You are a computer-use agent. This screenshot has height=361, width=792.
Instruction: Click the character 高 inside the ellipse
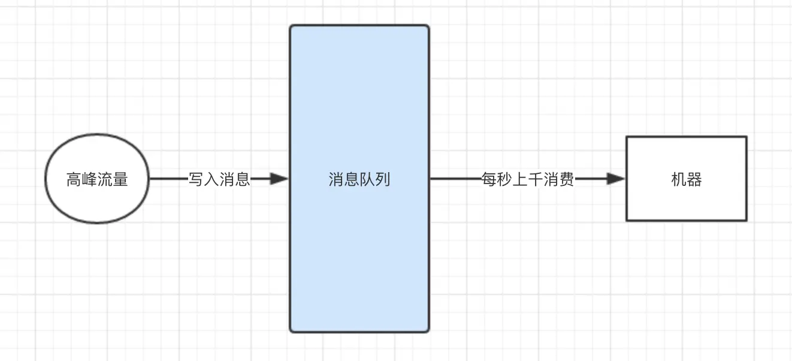[74, 179]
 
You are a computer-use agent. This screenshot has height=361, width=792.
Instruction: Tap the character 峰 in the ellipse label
[89, 179]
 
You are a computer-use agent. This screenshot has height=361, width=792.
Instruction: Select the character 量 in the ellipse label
[120, 179]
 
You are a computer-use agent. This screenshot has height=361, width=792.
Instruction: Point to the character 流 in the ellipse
[105, 179]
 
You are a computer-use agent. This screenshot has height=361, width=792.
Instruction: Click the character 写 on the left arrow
[197, 179]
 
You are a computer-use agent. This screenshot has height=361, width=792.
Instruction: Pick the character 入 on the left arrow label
[212, 179]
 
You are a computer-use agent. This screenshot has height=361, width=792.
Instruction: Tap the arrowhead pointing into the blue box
[279, 179]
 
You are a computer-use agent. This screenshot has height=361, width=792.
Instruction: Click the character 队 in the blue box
[367, 179]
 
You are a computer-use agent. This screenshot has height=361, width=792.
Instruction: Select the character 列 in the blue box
[383, 179]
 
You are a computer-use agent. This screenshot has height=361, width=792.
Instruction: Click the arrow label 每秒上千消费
[528, 179]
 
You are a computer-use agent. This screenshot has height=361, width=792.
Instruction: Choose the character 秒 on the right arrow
[505, 179]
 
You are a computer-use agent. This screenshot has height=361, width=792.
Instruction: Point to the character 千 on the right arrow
[536, 179]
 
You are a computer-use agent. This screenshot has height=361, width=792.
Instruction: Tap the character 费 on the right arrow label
[567, 179]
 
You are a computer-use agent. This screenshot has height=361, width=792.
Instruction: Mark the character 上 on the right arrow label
[521, 179]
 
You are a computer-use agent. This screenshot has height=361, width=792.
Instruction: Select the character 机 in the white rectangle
[679, 179]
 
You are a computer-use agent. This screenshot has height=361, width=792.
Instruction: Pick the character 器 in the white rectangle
[694, 179]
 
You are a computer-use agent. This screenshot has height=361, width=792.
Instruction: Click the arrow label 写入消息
[219, 179]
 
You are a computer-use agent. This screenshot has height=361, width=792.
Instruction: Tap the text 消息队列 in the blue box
[359, 179]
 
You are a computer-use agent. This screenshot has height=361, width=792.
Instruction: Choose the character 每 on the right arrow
[489, 179]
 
